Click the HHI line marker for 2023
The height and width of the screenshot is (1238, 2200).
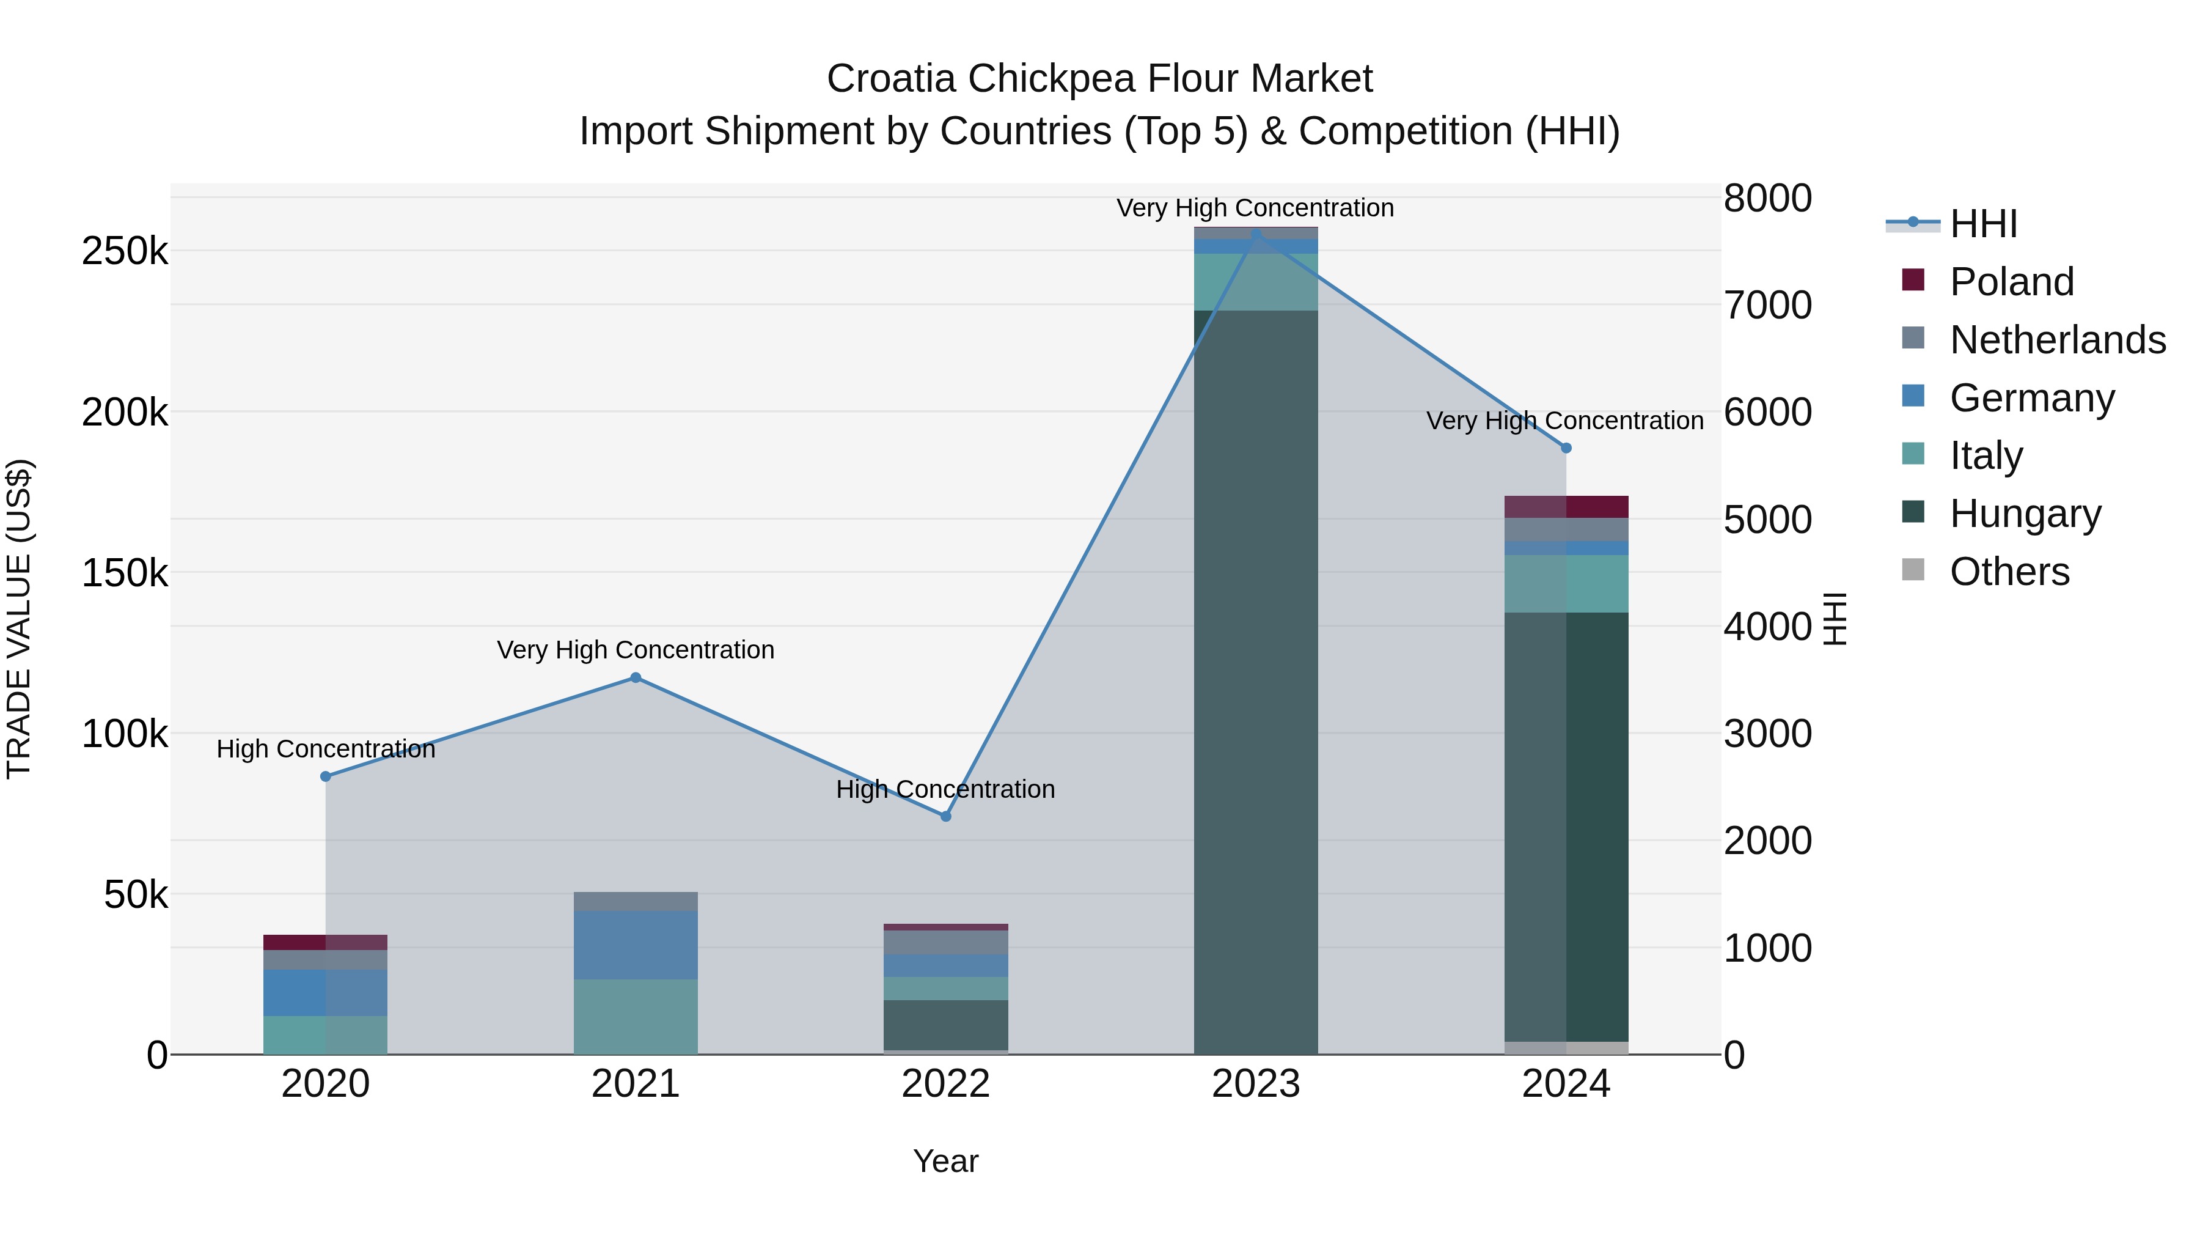(x=1255, y=234)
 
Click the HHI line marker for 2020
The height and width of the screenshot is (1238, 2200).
(x=325, y=776)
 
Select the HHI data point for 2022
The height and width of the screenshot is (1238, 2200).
(x=945, y=817)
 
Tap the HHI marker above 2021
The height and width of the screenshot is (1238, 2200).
(x=636, y=677)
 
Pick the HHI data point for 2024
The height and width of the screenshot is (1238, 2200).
(x=1566, y=448)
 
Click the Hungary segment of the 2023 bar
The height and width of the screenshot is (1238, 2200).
(x=1255, y=683)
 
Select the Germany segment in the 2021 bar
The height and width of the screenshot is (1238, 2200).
(x=636, y=945)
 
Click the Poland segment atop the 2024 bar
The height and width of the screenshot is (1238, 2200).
(x=1566, y=507)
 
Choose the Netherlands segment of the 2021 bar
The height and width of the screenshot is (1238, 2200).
(x=636, y=901)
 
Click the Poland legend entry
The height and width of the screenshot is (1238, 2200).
(x=2011, y=282)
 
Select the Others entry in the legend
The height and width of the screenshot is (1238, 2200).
(x=2009, y=572)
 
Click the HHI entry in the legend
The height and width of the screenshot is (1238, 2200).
(x=1983, y=224)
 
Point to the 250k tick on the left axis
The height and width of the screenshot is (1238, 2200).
(x=125, y=252)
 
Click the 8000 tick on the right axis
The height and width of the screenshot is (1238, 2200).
(x=1767, y=198)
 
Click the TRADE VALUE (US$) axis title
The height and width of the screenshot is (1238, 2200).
(x=20, y=619)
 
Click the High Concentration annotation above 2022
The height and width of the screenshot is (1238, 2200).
(x=945, y=789)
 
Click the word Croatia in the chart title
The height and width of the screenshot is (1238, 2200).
(x=891, y=79)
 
